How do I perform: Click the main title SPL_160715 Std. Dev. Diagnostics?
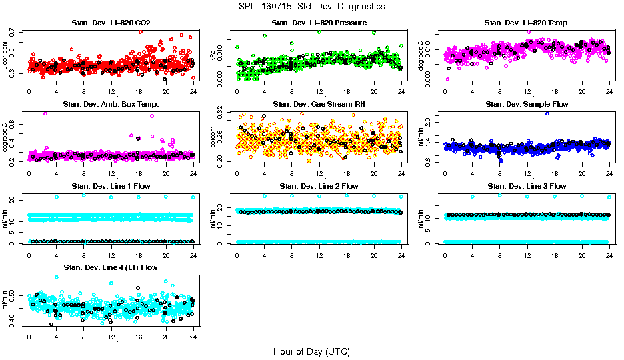[311, 7]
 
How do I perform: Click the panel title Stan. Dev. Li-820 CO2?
[111, 23]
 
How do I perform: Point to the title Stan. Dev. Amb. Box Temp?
[111, 105]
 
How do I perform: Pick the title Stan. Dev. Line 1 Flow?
[111, 186]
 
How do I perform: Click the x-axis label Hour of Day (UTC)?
[311, 351]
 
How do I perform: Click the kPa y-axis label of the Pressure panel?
[213, 57]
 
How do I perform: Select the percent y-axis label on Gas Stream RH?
[213, 137]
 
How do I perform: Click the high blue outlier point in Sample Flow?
[547, 113]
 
